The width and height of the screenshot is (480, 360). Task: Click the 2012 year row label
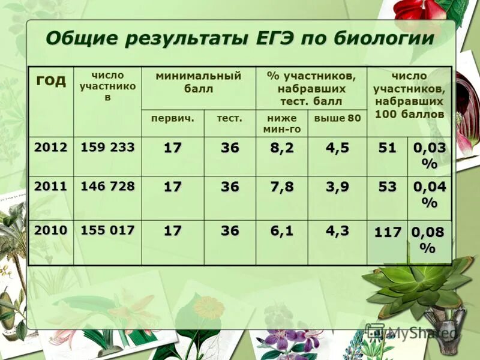point(50,148)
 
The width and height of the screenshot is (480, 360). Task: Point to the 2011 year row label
point(50,186)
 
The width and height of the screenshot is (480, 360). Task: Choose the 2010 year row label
point(50,230)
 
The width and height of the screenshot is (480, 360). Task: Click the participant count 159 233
point(107,148)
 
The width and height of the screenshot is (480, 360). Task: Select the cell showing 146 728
point(107,186)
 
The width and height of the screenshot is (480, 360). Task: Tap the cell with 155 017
point(107,230)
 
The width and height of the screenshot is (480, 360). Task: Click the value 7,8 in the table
point(281,187)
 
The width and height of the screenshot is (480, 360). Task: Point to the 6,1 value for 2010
point(281,231)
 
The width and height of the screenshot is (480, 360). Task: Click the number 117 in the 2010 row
point(388,232)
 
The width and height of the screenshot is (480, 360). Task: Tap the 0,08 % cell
point(428,240)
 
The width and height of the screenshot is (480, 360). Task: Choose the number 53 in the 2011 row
point(387,187)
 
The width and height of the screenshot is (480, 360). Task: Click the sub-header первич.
point(173,118)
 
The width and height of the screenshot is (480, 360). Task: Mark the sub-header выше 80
point(337,118)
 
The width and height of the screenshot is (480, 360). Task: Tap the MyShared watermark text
point(420,332)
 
